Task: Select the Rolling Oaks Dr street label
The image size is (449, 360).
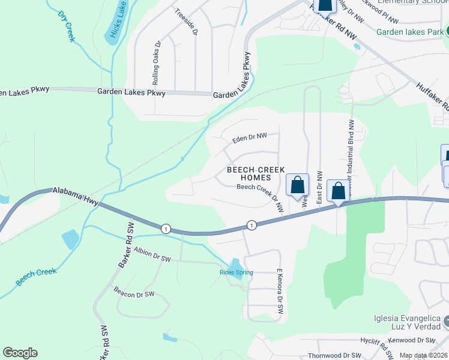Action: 157,62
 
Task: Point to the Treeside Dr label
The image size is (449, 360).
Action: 185,22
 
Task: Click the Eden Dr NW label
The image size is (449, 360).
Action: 244,140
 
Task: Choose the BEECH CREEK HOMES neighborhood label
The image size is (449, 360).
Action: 255,174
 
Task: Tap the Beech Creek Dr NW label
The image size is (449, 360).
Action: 261,196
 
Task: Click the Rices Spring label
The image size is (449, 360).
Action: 236,272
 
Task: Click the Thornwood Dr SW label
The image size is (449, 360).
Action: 334,355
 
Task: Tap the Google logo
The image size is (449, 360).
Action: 20,353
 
